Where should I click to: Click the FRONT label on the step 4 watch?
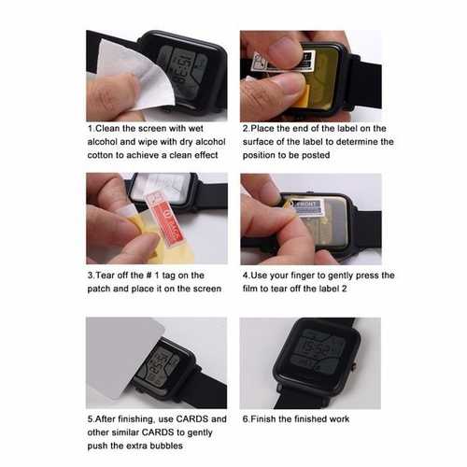[308, 207]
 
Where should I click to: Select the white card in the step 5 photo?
[124, 358]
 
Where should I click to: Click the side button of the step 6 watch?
[355, 366]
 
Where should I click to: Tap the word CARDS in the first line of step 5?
[192, 419]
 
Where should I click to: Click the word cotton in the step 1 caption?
[101, 155]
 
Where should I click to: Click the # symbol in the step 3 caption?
[149, 276]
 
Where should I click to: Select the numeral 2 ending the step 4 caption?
[344, 289]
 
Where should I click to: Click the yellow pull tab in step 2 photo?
[302, 96]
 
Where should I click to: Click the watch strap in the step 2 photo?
[365, 82]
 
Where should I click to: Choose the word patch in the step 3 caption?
[99, 289]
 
